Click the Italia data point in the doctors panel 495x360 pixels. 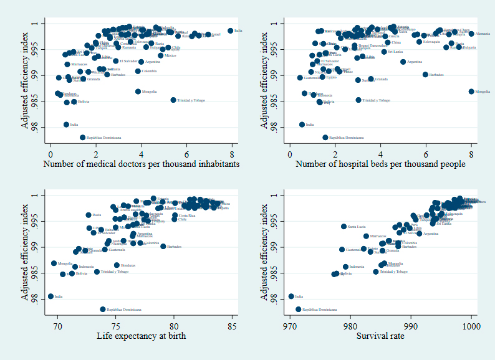pos(231,31)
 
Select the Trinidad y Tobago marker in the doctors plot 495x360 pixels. pos(173,100)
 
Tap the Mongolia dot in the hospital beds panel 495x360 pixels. pos(471,92)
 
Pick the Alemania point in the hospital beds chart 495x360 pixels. pos(471,34)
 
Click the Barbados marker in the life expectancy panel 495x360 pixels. pos(163,246)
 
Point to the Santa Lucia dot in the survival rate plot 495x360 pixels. pos(344,227)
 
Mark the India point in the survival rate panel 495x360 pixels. pos(291,296)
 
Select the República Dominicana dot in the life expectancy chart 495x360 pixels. pos(103,309)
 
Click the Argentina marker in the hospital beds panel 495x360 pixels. pos(403,62)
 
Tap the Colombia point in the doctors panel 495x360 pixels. pos(138,71)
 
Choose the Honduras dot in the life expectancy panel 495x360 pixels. pos(117,265)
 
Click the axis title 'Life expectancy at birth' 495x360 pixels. pos(141,336)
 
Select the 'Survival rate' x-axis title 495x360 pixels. pos(380,336)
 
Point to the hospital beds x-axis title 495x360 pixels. pos(380,164)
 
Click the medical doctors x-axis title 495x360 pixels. pos(141,164)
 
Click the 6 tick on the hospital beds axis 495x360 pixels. pos(426,153)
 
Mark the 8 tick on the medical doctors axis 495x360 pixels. pos(232,153)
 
